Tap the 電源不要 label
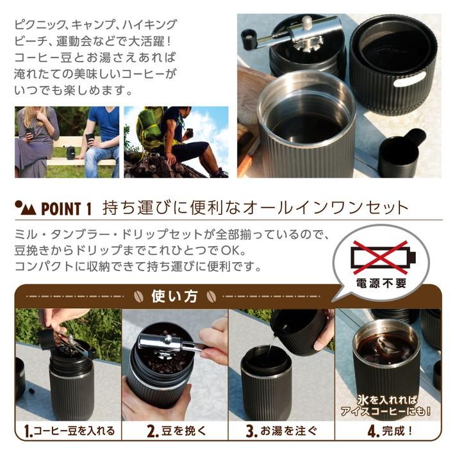[x=383, y=283]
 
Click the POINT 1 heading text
[x=67, y=209]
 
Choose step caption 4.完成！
[x=386, y=430]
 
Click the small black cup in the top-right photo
[x=402, y=154]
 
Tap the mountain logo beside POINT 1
[x=25, y=208]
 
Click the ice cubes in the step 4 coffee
[x=385, y=347]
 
